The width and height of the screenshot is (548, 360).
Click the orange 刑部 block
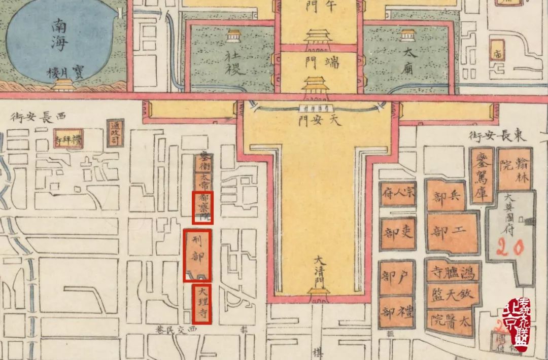coord(197,255)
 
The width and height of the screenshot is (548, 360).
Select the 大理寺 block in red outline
coord(202,304)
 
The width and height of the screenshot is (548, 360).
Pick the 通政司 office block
coord(114,133)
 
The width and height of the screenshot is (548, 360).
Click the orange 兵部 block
coord(446,195)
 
